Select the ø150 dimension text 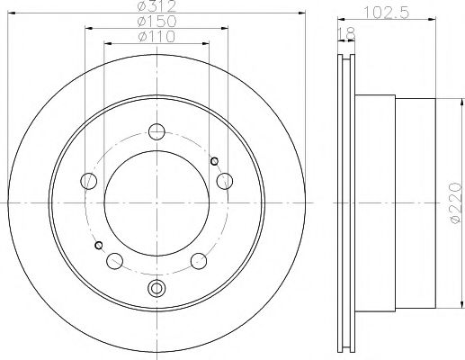[156, 22]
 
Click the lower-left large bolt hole [114, 261]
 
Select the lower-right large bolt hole [199, 261]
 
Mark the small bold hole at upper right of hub [213, 161]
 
